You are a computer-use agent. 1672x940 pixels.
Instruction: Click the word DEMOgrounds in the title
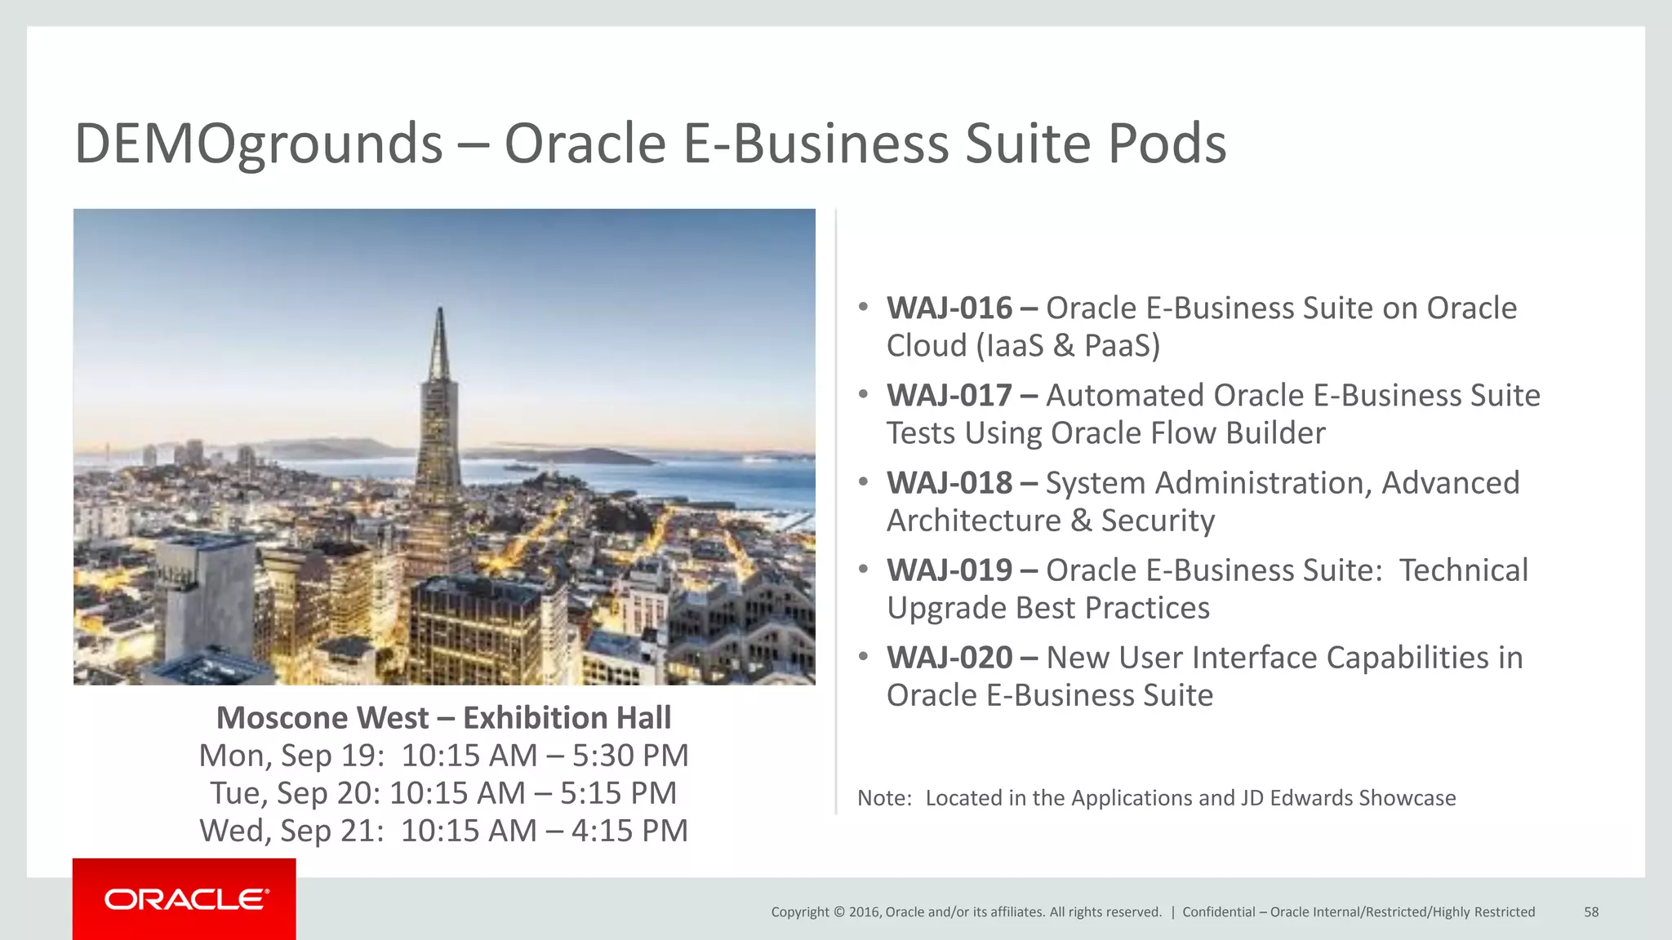258,144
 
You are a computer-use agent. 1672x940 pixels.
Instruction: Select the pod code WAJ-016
949,308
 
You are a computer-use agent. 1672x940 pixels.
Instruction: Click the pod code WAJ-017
949,396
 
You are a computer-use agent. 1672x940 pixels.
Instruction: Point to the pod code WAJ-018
949,483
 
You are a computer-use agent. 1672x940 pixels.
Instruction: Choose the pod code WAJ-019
949,570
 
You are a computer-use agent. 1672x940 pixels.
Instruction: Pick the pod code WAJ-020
949,658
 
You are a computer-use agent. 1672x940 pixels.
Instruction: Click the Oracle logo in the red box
186,899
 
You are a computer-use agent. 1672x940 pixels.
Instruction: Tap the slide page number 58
1591,912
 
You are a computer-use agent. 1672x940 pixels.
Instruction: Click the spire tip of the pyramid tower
440,311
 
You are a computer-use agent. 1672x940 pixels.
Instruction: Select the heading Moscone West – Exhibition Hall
443,718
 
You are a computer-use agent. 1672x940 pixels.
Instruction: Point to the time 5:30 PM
629,756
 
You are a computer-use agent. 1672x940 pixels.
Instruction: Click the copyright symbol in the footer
838,912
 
